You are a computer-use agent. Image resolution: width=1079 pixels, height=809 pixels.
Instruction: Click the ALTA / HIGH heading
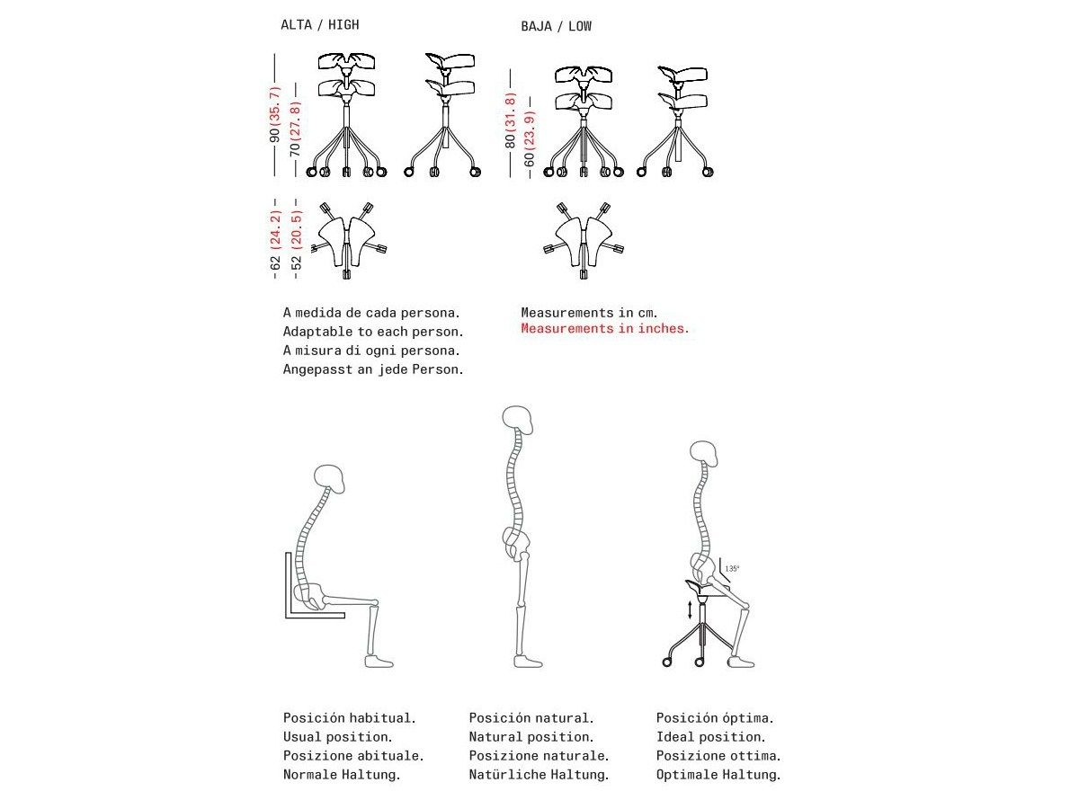click(x=319, y=25)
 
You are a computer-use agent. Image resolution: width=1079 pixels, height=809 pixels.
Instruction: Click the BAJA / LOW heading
click(x=556, y=26)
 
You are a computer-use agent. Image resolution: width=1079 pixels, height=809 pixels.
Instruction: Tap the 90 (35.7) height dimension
click(x=275, y=114)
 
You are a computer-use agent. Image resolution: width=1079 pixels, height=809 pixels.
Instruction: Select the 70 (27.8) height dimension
click(x=294, y=128)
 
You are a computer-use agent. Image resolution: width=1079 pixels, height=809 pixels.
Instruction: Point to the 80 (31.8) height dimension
click(x=510, y=120)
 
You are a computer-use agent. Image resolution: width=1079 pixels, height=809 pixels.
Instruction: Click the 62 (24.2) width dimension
click(x=275, y=238)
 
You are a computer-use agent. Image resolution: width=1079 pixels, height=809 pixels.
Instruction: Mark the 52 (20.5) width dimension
click(x=294, y=238)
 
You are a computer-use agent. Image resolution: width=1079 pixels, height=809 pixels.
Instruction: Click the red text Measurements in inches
click(x=605, y=329)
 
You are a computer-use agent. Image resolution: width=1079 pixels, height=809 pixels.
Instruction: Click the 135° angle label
click(x=732, y=568)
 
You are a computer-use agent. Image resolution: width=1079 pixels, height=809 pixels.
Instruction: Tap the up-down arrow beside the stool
click(x=690, y=610)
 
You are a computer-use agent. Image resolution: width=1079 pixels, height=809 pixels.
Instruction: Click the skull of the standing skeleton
click(x=518, y=420)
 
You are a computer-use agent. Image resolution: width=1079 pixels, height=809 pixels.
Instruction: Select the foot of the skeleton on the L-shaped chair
click(x=379, y=662)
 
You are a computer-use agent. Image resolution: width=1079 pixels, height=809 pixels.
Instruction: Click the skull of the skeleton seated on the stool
click(x=704, y=454)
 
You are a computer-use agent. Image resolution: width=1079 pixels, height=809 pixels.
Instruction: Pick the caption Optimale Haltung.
click(x=718, y=774)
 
